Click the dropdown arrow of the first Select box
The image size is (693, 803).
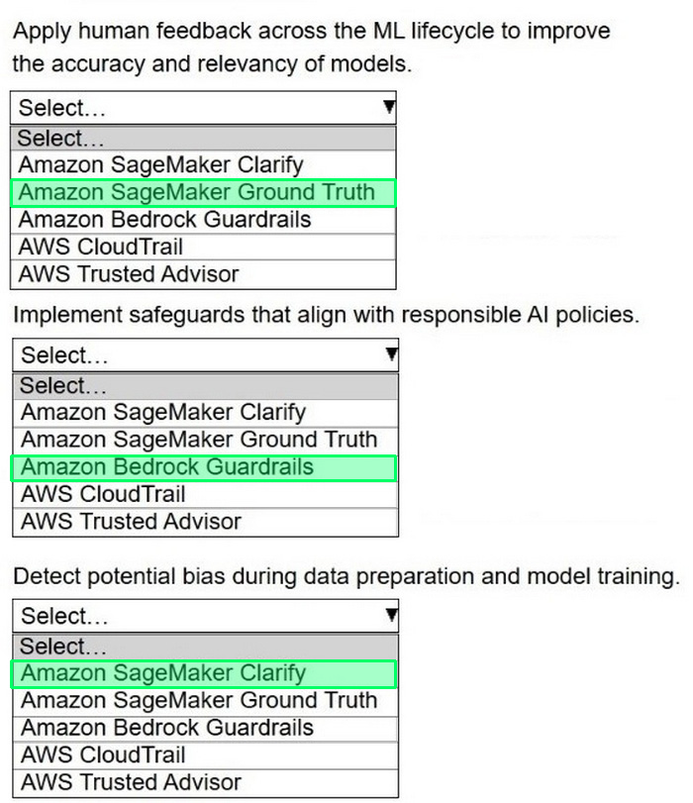point(389,107)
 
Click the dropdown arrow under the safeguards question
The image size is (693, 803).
point(392,353)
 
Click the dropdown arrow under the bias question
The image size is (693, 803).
point(392,615)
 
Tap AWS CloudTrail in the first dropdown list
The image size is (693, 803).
point(100,247)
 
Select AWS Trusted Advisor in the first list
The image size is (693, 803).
point(129,274)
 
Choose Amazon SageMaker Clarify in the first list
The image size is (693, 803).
point(160,165)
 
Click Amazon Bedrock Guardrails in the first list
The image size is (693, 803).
point(165,220)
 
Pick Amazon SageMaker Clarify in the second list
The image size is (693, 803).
point(163,412)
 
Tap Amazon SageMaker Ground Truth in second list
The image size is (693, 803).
point(199,440)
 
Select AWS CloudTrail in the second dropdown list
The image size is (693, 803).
point(103,494)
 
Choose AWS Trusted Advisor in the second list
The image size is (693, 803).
point(131,522)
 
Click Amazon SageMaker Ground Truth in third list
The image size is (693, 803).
point(199,700)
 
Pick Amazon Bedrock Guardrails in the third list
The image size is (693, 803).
point(167,728)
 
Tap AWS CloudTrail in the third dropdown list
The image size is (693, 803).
point(103,754)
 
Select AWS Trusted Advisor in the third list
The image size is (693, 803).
point(131,782)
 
